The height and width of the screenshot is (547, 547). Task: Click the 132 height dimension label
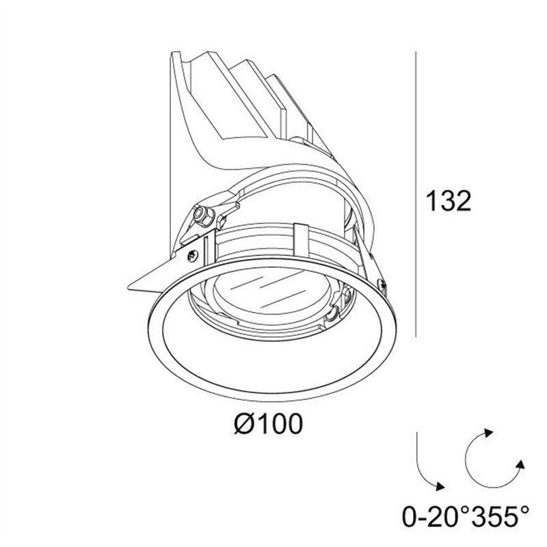[x=449, y=201]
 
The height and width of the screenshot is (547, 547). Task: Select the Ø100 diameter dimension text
[x=268, y=424]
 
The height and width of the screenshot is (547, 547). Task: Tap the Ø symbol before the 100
[x=245, y=424]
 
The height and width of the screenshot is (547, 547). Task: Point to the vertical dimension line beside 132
[x=416, y=194]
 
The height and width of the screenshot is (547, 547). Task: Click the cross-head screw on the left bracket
[x=192, y=256]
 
